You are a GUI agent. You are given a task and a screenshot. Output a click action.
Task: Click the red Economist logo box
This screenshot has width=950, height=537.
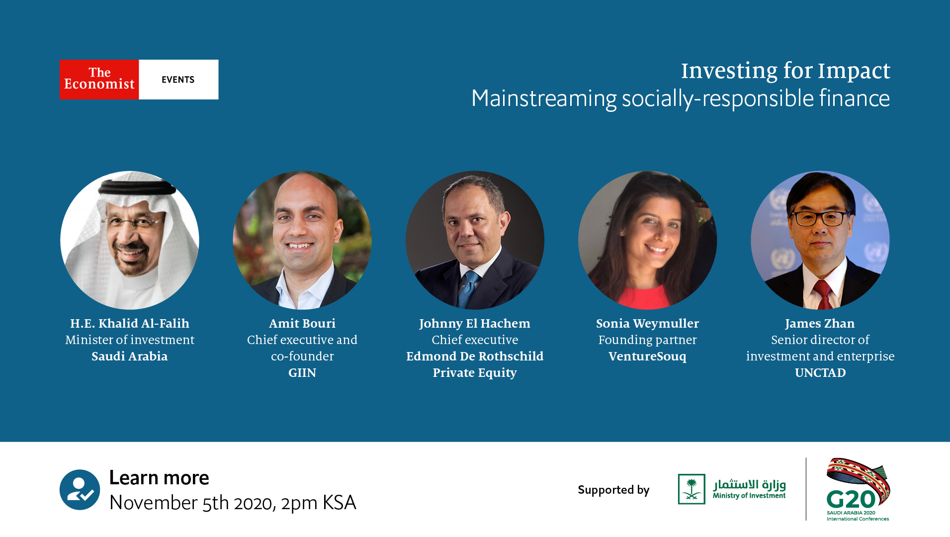click(99, 79)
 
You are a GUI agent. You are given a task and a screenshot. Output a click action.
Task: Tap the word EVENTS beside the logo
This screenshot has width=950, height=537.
click(178, 80)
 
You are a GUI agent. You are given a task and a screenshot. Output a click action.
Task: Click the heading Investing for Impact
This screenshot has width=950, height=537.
click(785, 71)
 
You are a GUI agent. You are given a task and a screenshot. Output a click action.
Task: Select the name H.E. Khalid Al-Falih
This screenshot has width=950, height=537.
click(130, 324)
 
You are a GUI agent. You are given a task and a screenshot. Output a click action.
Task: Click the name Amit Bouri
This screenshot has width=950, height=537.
click(302, 324)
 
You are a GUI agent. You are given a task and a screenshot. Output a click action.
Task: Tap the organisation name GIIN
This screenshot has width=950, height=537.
click(302, 373)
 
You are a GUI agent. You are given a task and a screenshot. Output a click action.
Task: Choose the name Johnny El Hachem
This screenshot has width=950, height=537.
click(475, 324)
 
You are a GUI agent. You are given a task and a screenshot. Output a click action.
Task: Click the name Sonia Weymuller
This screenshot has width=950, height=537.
click(647, 324)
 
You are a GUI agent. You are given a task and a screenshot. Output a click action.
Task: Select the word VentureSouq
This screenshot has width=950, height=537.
click(647, 357)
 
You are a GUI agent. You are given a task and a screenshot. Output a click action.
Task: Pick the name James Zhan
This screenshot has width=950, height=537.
click(820, 324)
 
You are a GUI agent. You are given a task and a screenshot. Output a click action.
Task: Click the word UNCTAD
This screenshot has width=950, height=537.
click(820, 373)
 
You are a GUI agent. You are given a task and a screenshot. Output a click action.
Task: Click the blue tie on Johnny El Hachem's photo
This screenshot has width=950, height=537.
click(467, 288)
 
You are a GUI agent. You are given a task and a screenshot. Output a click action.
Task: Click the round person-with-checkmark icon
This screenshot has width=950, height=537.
click(80, 490)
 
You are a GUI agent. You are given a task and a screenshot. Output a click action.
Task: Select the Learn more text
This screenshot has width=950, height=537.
click(159, 478)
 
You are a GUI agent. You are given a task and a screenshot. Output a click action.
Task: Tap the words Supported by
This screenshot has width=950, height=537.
click(613, 490)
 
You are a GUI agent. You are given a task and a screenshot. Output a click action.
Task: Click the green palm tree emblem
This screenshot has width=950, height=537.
click(691, 489)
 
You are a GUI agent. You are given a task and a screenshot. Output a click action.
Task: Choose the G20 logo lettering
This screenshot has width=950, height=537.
click(850, 499)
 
